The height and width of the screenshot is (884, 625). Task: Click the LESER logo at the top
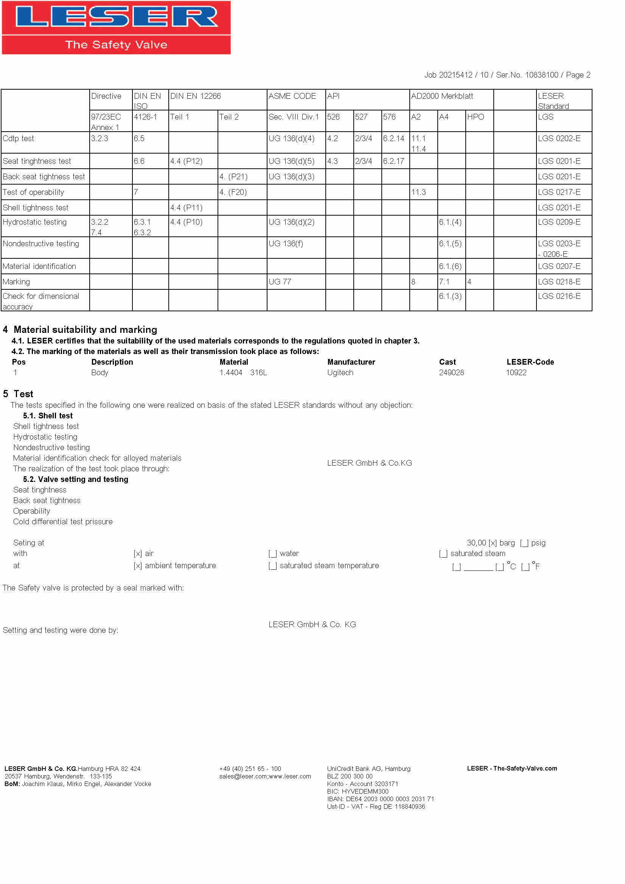(x=116, y=27)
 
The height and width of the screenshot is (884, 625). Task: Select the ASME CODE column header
(x=292, y=96)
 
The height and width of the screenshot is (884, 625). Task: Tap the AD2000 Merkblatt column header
(x=442, y=96)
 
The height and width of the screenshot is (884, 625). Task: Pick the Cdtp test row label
(x=19, y=138)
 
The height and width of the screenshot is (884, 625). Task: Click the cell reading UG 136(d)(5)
(x=291, y=161)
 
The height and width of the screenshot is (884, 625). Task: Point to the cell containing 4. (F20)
(x=233, y=192)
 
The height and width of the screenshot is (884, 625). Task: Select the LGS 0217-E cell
(x=559, y=192)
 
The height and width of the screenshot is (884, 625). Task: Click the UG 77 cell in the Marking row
(x=280, y=281)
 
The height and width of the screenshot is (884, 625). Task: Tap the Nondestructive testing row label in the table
(x=41, y=243)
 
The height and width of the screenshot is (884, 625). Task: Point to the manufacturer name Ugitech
(x=340, y=372)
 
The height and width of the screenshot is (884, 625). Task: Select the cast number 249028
(x=451, y=372)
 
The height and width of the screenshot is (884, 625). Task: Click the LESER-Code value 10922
(x=516, y=372)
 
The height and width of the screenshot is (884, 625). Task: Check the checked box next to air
(x=137, y=554)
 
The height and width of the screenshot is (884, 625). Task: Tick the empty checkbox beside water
(x=272, y=554)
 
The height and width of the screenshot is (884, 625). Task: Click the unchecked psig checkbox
(x=524, y=543)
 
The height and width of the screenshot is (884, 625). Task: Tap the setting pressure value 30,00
(x=476, y=543)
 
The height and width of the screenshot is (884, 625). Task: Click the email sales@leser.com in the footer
(x=243, y=776)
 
